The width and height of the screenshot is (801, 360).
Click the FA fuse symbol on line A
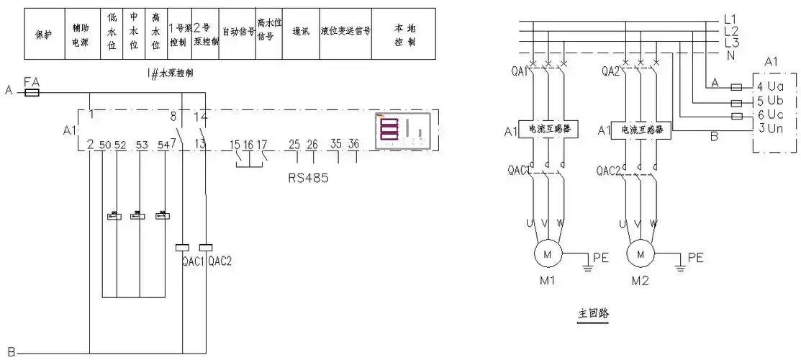point(32,93)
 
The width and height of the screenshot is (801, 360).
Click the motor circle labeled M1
point(546,253)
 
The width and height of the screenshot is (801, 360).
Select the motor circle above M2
point(639,253)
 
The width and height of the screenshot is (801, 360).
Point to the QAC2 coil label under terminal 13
point(220,261)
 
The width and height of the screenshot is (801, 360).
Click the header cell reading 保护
point(44,34)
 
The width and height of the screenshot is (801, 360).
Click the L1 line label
point(730,19)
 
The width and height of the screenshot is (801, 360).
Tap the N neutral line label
point(730,55)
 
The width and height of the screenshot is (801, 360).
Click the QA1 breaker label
point(520,71)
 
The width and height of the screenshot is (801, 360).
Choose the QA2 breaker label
point(610,71)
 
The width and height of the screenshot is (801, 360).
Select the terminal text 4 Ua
point(774,86)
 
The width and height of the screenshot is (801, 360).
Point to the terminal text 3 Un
point(774,128)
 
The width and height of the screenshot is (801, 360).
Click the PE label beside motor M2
point(696,257)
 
